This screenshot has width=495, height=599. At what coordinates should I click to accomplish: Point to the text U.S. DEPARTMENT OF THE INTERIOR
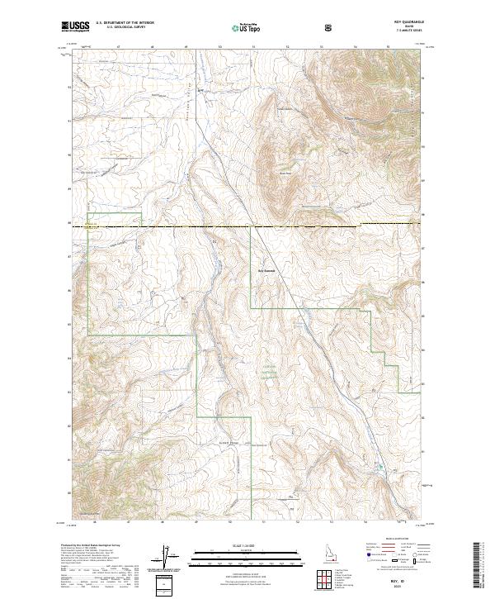coord(125,23)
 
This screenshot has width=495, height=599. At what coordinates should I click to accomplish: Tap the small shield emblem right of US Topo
coord(284,27)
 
